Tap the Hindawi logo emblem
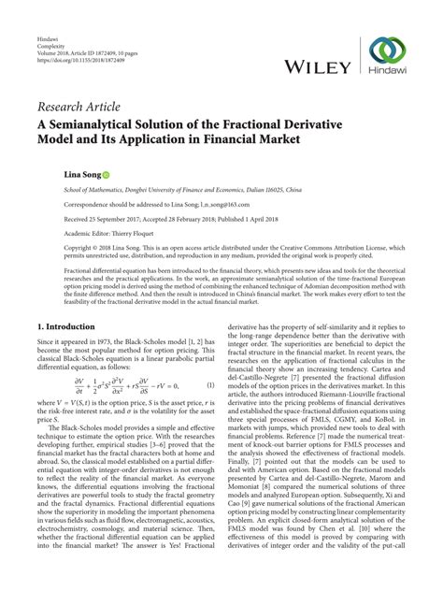385,50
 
